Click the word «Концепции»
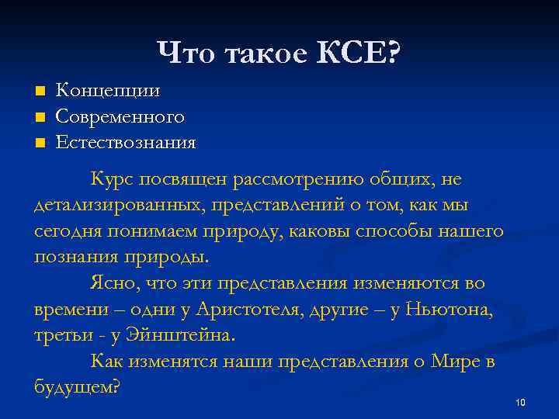click(x=109, y=91)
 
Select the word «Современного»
click(x=120, y=117)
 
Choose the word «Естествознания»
click(x=126, y=143)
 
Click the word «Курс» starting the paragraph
click(x=113, y=179)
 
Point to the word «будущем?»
click(x=77, y=387)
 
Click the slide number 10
click(x=519, y=402)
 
